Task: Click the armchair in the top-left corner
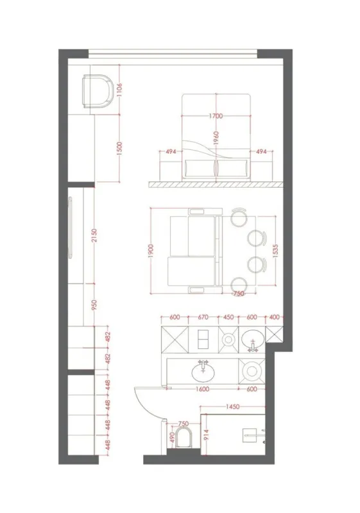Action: pyautogui.click(x=98, y=92)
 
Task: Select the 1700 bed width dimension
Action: pyautogui.click(x=216, y=116)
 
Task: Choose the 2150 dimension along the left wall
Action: pyautogui.click(x=94, y=237)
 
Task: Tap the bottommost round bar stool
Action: pyautogui.click(x=239, y=284)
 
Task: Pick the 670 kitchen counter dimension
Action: pyautogui.click(x=204, y=316)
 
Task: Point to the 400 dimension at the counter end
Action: pyautogui.click(x=275, y=316)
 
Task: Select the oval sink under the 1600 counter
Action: pyautogui.click(x=202, y=372)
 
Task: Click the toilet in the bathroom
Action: pyautogui.click(x=184, y=439)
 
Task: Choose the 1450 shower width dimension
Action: pyautogui.click(x=232, y=407)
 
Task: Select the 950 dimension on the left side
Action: pyautogui.click(x=94, y=305)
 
